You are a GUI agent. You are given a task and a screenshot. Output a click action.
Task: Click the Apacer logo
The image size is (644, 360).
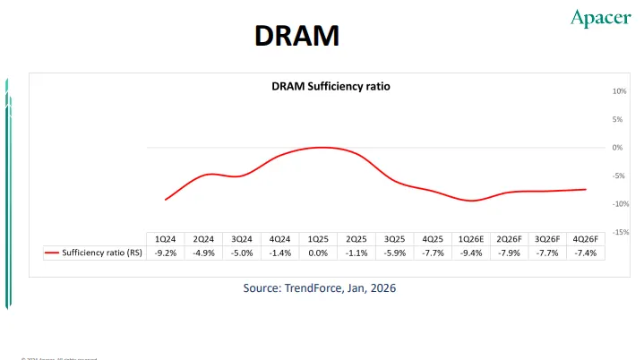(600, 18)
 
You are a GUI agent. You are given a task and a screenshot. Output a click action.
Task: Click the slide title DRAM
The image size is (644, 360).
(296, 35)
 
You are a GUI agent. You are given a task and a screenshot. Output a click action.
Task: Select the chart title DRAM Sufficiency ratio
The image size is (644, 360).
(331, 87)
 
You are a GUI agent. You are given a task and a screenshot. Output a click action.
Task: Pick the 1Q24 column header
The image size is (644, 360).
(166, 239)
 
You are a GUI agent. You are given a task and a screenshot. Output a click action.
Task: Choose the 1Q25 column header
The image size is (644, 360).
(318, 239)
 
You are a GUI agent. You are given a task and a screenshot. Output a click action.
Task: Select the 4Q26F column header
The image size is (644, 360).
(586, 239)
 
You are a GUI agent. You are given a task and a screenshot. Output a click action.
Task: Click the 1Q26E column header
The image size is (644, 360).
(471, 239)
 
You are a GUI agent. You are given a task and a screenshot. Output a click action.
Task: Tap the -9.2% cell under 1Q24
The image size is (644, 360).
(166, 253)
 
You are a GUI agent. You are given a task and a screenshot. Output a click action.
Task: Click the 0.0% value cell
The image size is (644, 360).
(318, 253)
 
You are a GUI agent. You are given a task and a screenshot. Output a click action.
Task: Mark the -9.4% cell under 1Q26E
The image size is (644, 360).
(471, 253)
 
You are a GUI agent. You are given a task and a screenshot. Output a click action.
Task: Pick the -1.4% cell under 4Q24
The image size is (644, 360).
(280, 253)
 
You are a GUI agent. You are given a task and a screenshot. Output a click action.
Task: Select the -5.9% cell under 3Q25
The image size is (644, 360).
(395, 253)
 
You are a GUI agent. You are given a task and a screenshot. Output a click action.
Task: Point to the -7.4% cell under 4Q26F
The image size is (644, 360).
(586, 253)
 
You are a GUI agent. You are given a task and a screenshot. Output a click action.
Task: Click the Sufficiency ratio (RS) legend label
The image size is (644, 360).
(101, 253)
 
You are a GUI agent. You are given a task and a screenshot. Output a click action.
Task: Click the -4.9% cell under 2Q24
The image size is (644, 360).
(204, 253)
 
